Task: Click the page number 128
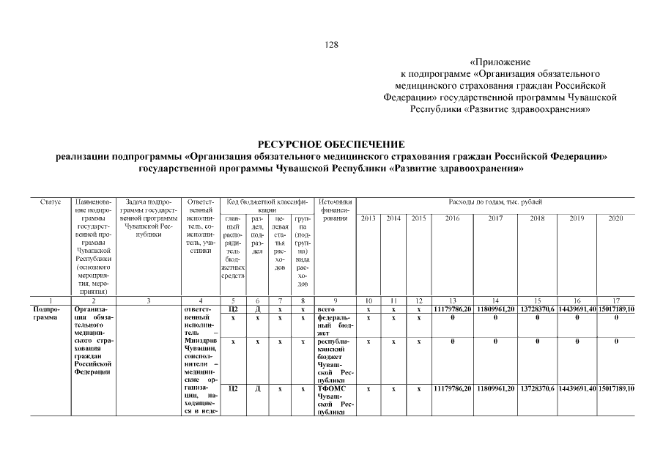coord(332,45)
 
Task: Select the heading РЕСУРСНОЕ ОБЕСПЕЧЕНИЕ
coord(331,145)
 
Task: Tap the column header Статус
coord(50,201)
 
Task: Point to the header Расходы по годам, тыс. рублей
coord(496,201)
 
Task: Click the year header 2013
coord(368,218)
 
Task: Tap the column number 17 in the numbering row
coord(615,300)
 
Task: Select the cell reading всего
coord(327,309)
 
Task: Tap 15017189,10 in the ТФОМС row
coord(615,388)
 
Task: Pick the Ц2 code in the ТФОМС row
coord(233,388)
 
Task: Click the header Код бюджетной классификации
coord(267,205)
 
